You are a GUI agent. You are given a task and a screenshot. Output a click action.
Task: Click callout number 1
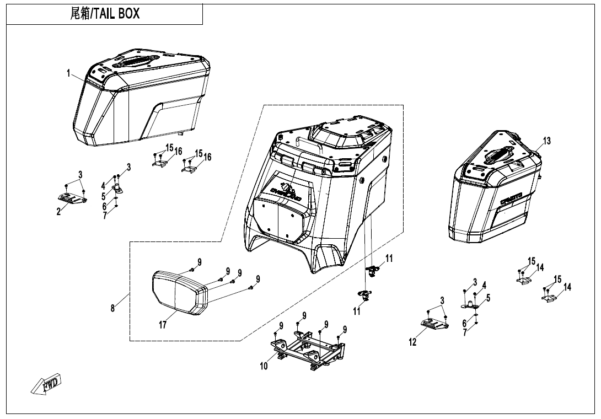tap(69, 74)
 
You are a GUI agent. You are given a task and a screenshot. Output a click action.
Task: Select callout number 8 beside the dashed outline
tap(113, 308)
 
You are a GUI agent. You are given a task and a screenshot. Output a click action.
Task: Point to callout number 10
tap(264, 366)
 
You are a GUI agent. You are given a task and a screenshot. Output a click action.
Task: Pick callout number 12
tap(413, 342)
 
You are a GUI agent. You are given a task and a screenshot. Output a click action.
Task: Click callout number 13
tap(546, 141)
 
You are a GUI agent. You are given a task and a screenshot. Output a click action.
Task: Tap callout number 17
tap(163, 325)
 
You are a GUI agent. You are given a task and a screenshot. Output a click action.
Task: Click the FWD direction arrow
tap(46, 384)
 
